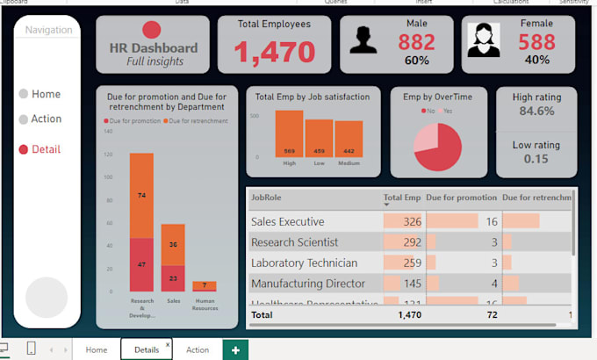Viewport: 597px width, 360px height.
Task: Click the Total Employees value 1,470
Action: coord(274,53)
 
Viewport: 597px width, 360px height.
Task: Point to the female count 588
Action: coord(536,41)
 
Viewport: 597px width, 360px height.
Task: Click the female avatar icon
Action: coord(484,40)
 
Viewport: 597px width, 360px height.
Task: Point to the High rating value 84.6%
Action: coord(536,112)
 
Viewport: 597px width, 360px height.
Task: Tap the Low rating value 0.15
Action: coord(536,159)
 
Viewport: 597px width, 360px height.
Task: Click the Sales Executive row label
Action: coord(287,221)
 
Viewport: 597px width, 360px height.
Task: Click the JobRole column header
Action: coord(267,198)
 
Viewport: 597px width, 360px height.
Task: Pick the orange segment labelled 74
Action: coord(141,196)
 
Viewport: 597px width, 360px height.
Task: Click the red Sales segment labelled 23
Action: coord(173,277)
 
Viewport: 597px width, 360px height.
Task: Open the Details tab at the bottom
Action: coord(147,349)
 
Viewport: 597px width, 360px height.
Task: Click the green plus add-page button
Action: coord(235,349)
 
